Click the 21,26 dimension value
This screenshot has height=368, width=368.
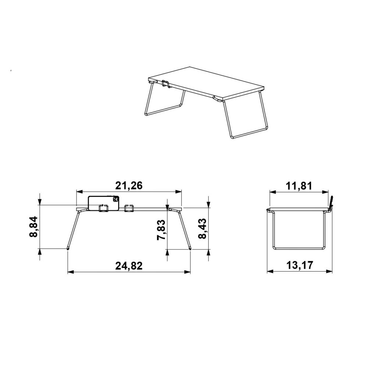[128, 186]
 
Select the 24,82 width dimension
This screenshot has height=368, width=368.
[128, 265]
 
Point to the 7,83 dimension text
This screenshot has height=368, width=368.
[161, 230]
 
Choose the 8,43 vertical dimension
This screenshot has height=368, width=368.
[202, 229]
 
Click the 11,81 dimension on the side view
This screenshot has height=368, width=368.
[299, 186]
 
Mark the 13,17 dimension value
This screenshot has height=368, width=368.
[299, 265]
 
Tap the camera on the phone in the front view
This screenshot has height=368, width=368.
[115, 200]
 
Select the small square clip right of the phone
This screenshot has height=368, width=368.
[128, 208]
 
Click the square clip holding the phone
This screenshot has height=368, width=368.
[103, 208]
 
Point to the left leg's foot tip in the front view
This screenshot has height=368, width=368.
[68, 249]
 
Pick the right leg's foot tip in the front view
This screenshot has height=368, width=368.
[190, 249]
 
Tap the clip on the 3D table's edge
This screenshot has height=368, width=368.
[166, 84]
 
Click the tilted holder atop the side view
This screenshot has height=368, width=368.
[331, 202]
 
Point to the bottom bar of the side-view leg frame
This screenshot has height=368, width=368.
[299, 249]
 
